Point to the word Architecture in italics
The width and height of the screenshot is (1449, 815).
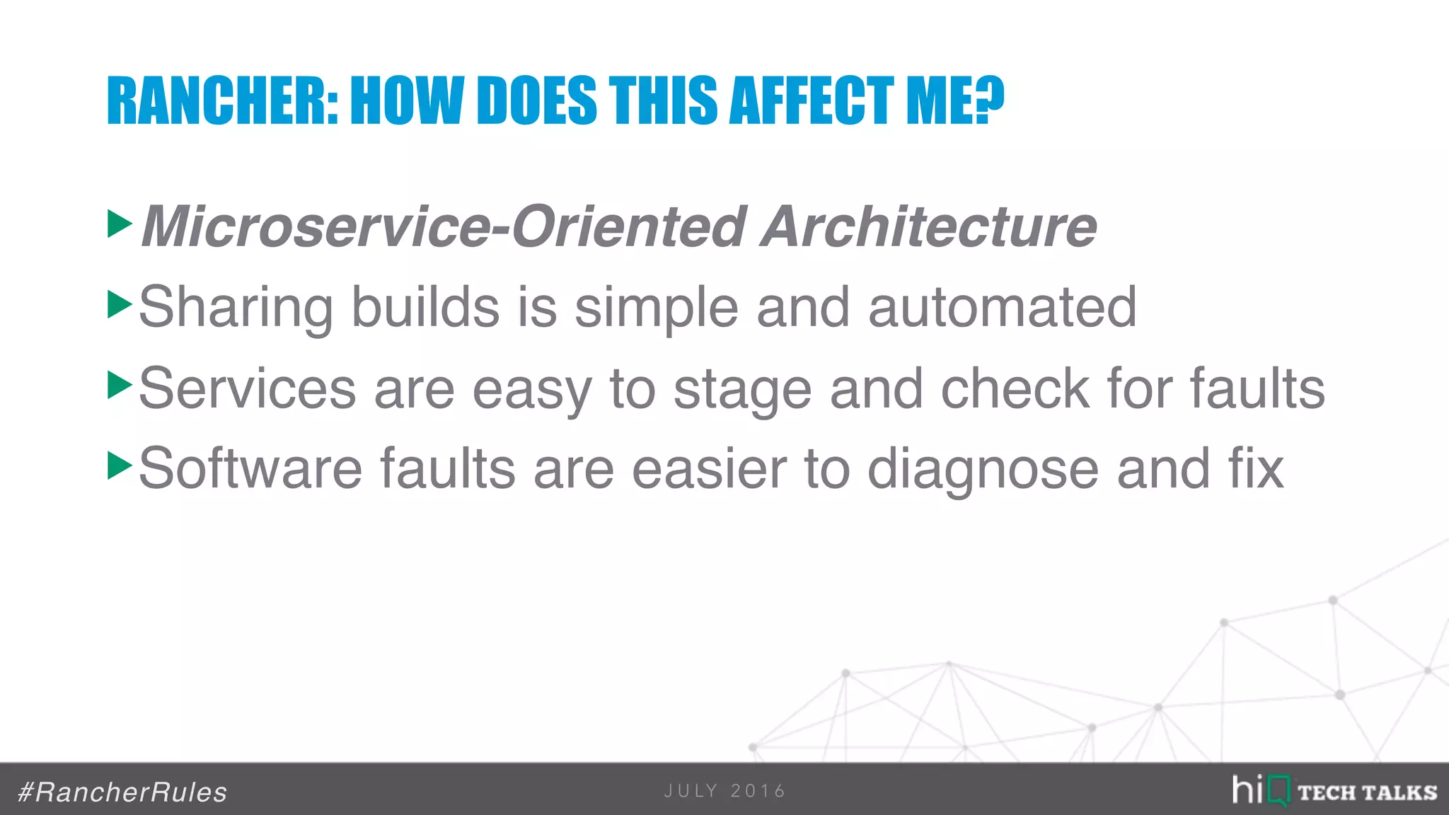click(928, 227)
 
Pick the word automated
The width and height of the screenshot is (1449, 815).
click(1002, 308)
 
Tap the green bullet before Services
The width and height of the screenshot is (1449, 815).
click(120, 386)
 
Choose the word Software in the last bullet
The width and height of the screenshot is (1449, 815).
click(250, 468)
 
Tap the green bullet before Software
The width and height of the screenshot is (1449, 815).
click(120, 466)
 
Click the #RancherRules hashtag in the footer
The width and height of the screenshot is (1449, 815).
click(122, 792)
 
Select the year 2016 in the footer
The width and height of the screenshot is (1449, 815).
click(758, 791)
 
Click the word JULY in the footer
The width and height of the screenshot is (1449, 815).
click(691, 791)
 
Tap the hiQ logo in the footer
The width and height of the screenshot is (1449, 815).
click(1260, 790)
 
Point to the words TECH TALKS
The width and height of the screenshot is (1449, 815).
click(1367, 792)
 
